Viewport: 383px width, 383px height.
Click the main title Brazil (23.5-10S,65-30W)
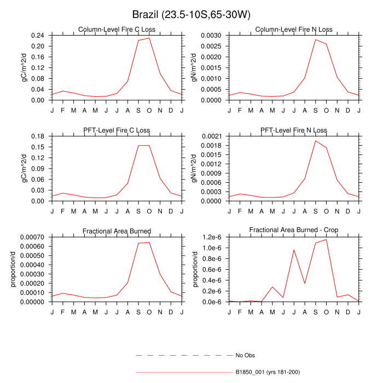[x=191, y=14]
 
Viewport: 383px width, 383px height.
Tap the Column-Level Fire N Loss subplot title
[x=293, y=30]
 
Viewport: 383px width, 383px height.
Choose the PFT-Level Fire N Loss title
[x=293, y=130]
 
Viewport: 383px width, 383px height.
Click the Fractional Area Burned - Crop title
[x=293, y=231]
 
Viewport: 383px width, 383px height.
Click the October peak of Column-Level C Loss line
[x=149, y=38]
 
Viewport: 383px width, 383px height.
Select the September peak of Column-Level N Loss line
[x=316, y=39]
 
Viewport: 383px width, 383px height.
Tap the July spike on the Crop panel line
[x=294, y=249]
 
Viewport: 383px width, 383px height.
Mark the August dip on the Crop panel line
[x=305, y=283]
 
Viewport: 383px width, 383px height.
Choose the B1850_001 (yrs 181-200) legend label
[x=268, y=372]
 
